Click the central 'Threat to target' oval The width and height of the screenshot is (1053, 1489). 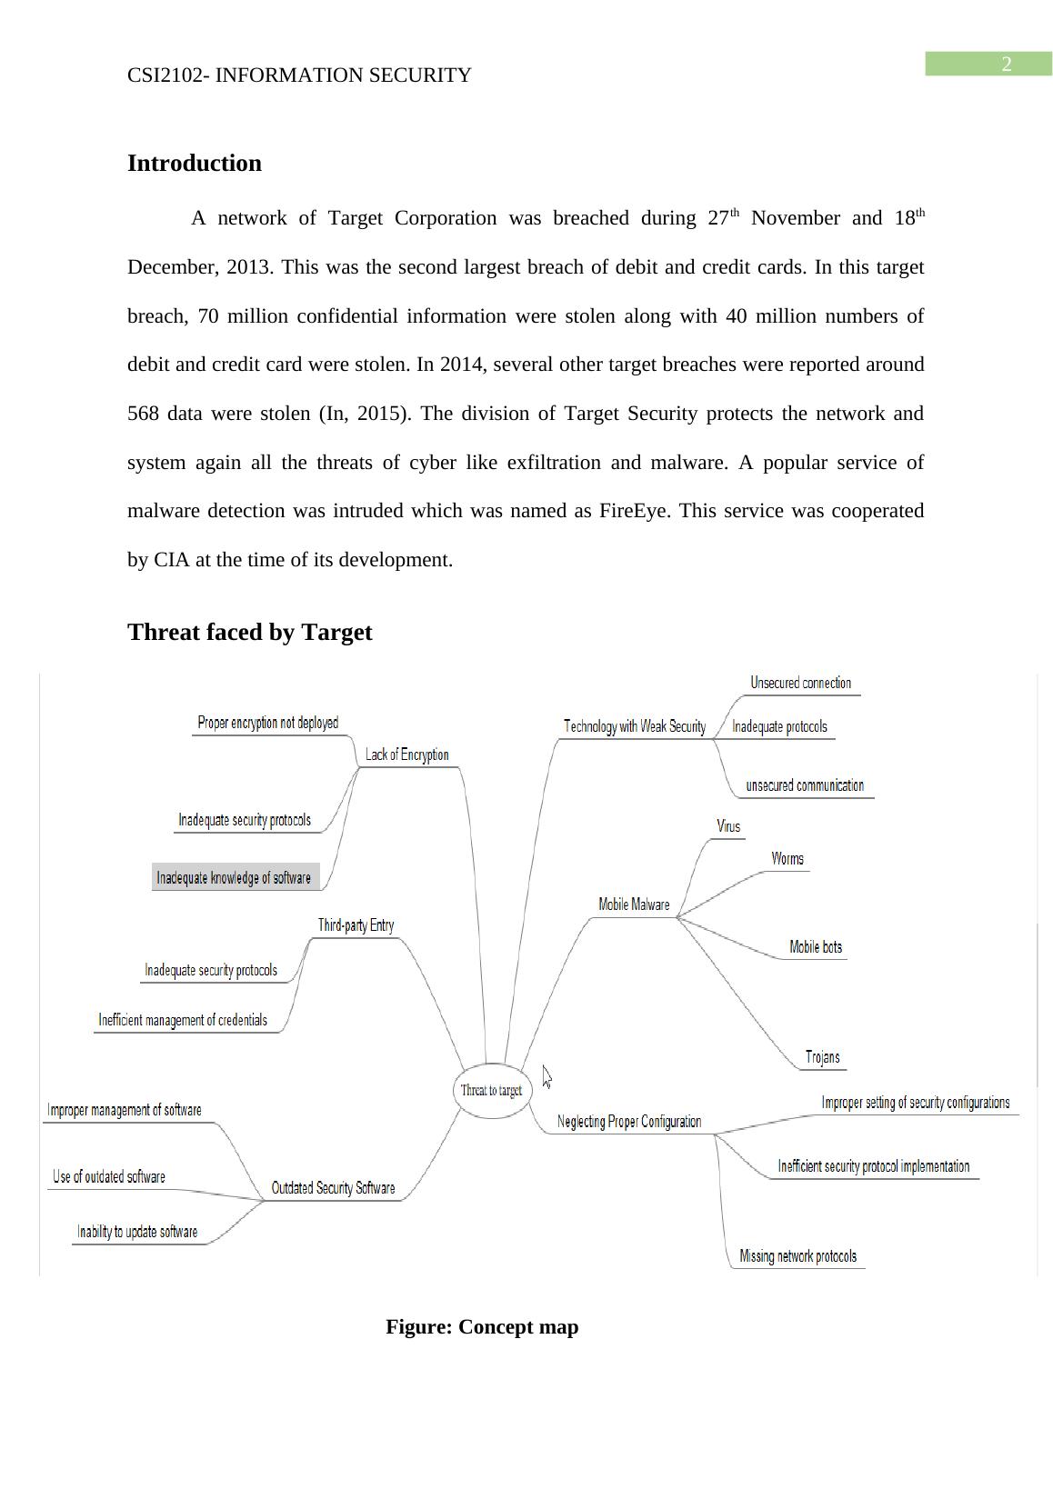point(491,1091)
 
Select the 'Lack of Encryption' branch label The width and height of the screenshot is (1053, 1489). point(406,754)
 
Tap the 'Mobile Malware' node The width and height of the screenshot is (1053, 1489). point(634,904)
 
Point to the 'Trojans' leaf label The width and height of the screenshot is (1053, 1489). point(822,1057)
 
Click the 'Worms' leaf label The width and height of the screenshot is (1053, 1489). point(787,859)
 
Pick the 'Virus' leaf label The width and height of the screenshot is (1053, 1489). point(728,826)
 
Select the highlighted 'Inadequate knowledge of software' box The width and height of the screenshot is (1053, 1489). point(235,877)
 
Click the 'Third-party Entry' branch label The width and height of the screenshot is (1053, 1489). point(356,925)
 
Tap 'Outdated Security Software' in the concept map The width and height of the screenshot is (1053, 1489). point(333,1188)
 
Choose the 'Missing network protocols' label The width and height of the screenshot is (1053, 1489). point(797,1256)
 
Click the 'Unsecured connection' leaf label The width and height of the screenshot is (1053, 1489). point(800,683)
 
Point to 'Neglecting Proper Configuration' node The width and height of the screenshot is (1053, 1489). point(629,1122)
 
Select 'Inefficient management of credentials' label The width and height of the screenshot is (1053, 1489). point(183,1020)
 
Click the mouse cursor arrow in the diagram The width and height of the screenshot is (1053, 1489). point(547,1077)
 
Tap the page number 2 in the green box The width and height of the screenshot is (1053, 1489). point(1007,64)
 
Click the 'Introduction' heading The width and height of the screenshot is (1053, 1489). point(195,164)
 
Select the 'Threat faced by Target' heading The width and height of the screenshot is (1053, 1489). point(250,633)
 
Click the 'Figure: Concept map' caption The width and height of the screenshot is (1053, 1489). point(482,1327)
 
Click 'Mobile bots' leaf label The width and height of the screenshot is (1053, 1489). point(816,947)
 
